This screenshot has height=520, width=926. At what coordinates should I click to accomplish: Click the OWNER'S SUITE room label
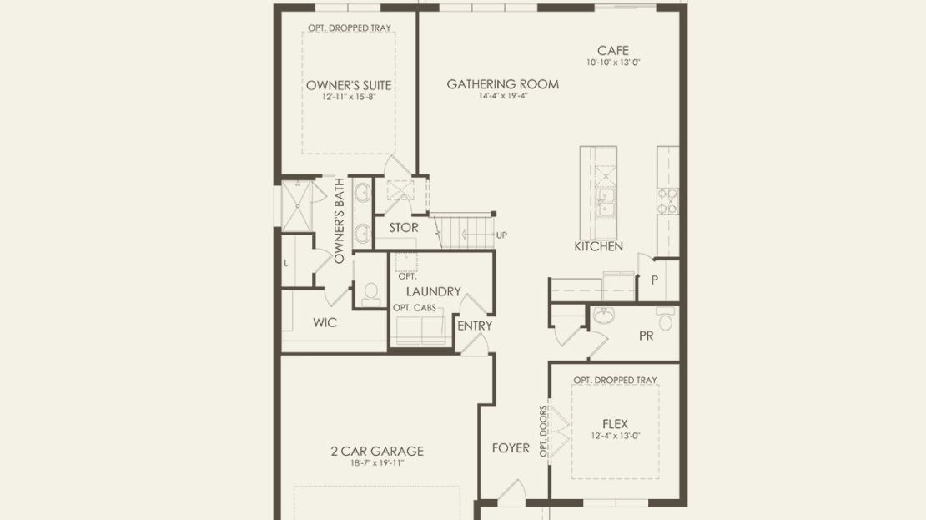coord(349,85)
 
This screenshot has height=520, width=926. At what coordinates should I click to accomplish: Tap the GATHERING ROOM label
coord(502,84)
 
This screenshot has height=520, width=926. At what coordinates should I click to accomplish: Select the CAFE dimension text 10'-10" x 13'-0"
coord(613,62)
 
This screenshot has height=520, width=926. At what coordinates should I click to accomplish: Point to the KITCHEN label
coord(598,246)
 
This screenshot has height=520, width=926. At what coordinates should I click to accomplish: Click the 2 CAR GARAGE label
coord(377,451)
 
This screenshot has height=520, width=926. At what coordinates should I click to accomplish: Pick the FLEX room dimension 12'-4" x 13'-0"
coord(616,436)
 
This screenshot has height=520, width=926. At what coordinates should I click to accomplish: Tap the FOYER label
coord(511,448)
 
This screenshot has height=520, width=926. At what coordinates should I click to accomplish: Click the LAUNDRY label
coord(434,291)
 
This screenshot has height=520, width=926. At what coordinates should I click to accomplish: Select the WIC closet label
coord(325,323)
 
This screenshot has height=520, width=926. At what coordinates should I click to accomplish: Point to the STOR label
coord(404,228)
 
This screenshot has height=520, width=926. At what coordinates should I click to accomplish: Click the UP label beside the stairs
coord(501,235)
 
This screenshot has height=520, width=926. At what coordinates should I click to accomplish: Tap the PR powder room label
coord(646,336)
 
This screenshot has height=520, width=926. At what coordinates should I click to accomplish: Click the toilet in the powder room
coord(667,319)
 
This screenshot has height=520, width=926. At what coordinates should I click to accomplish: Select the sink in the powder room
coord(603,316)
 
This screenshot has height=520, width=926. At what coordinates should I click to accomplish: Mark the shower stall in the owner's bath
coord(297,205)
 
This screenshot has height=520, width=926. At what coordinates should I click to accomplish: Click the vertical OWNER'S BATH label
coord(339,221)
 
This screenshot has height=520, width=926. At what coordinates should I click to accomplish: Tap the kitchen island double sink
coord(606,203)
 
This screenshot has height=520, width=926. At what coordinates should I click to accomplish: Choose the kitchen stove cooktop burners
coord(668,200)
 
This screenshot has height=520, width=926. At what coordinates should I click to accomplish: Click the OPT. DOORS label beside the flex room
coord(543,431)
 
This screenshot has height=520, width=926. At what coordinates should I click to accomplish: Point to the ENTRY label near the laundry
coord(475,326)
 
